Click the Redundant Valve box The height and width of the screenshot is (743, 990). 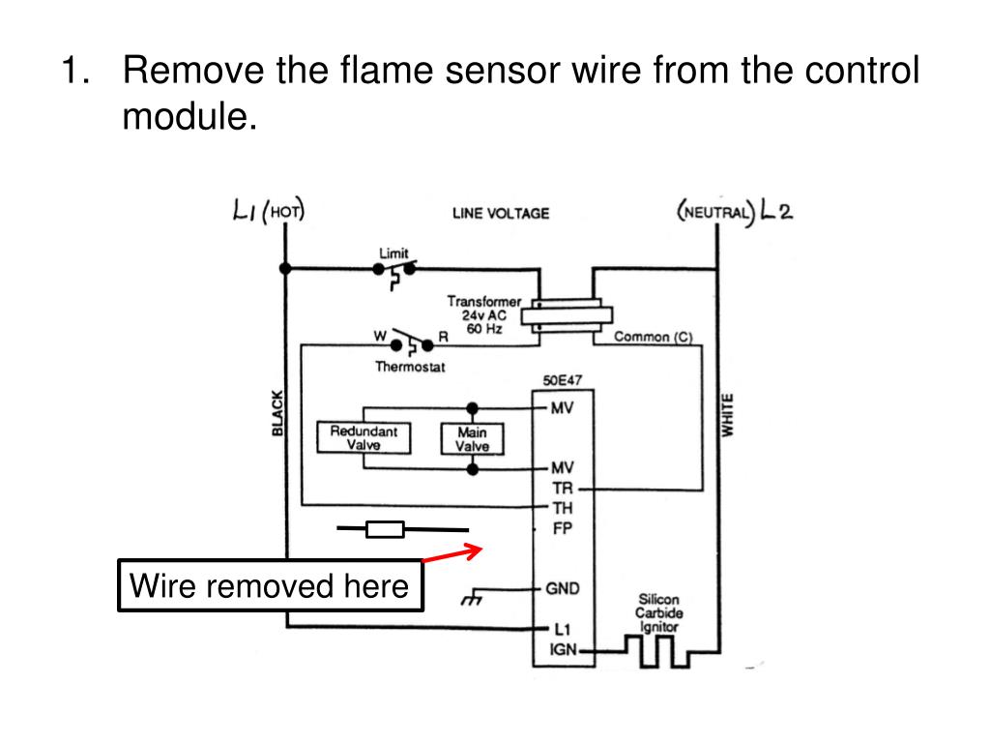click(x=364, y=438)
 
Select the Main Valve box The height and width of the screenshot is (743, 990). click(x=472, y=439)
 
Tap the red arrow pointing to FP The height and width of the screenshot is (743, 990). click(x=452, y=553)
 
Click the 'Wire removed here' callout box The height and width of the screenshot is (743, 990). click(x=271, y=585)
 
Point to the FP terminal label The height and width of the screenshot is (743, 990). click(x=562, y=528)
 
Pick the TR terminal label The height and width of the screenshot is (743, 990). click(x=563, y=489)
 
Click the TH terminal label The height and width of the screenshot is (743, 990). click(x=563, y=508)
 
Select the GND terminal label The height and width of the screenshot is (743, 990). click(x=563, y=589)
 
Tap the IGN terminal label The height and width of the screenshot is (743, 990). click(x=564, y=649)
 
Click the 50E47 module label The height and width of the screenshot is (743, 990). click(x=563, y=380)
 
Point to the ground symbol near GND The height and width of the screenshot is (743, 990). click(x=471, y=597)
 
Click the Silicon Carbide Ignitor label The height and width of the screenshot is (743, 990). click(x=658, y=612)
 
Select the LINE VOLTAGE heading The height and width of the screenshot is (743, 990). click(x=501, y=214)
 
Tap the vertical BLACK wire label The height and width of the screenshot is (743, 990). click(x=277, y=413)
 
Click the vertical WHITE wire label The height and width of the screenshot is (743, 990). click(x=728, y=414)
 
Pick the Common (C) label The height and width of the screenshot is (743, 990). click(x=654, y=337)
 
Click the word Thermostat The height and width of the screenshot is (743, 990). click(x=410, y=367)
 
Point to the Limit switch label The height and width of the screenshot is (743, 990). click(x=393, y=253)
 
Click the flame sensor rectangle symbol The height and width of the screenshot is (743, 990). click(x=385, y=529)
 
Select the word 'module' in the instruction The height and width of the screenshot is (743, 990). click(x=190, y=116)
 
